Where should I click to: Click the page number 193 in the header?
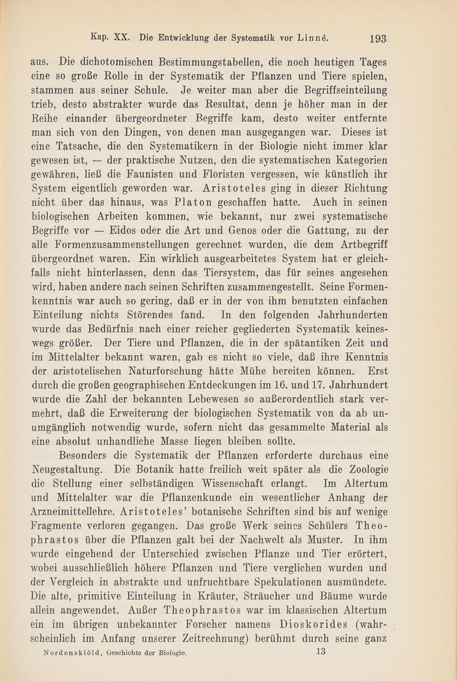(379, 39)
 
